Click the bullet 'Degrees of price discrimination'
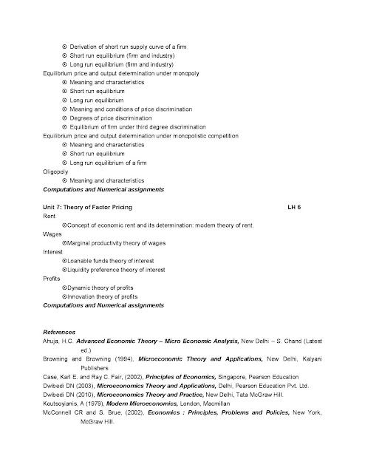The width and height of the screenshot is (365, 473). tap(112, 118)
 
